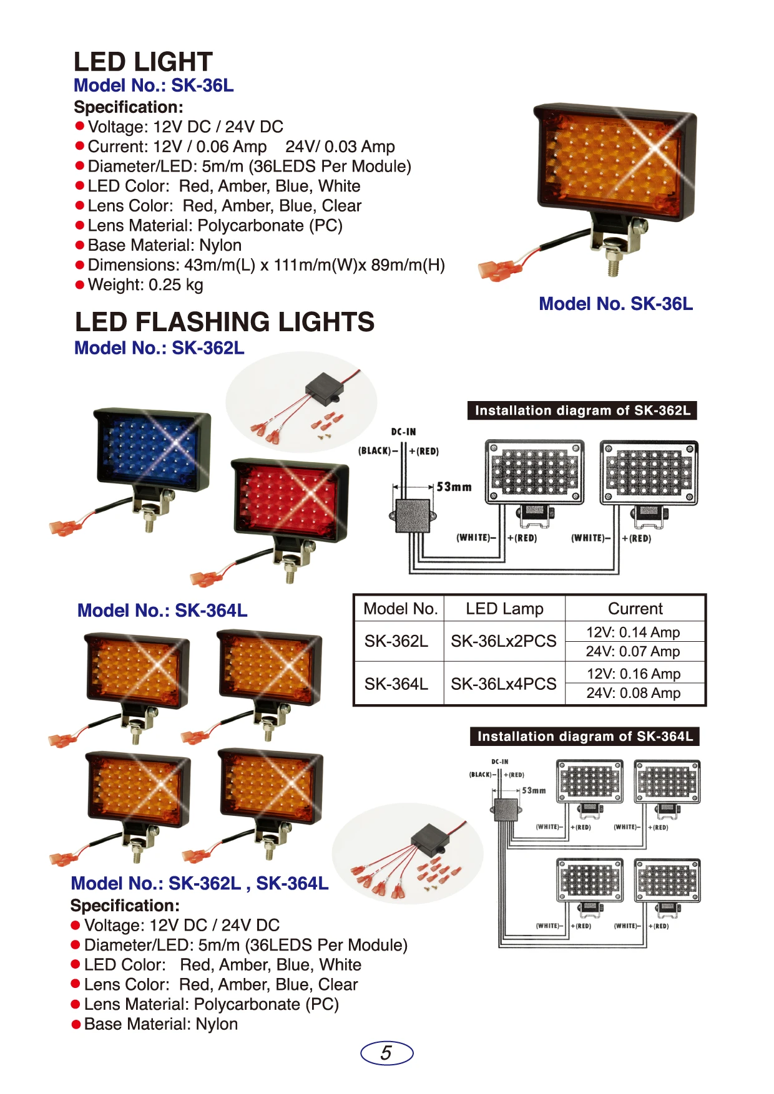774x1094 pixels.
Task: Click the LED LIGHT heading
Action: pos(143,62)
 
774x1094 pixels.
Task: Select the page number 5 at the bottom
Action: pos(386,1053)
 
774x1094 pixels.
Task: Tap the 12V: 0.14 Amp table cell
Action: pos(633,632)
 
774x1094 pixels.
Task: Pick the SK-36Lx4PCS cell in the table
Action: pos(503,684)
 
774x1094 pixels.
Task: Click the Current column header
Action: pos(635,609)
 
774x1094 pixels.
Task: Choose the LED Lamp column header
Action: pos(504,609)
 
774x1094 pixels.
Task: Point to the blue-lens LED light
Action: pos(152,450)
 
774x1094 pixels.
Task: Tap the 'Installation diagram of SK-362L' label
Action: pos(582,410)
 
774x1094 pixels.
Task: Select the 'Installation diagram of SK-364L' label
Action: pos(585,737)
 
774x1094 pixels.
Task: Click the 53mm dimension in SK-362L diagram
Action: pos(454,486)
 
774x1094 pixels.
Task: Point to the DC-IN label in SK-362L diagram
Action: pos(403,432)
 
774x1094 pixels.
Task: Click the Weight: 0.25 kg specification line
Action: pos(145,285)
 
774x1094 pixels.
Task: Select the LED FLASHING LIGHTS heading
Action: pos(225,322)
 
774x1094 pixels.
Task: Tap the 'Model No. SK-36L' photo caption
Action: pos(616,304)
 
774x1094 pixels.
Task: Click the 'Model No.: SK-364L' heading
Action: pos(162,610)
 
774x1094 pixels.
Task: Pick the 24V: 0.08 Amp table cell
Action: pos(634,693)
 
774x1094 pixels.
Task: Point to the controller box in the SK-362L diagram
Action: pos(413,516)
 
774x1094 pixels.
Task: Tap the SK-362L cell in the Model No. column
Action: pos(396,641)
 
